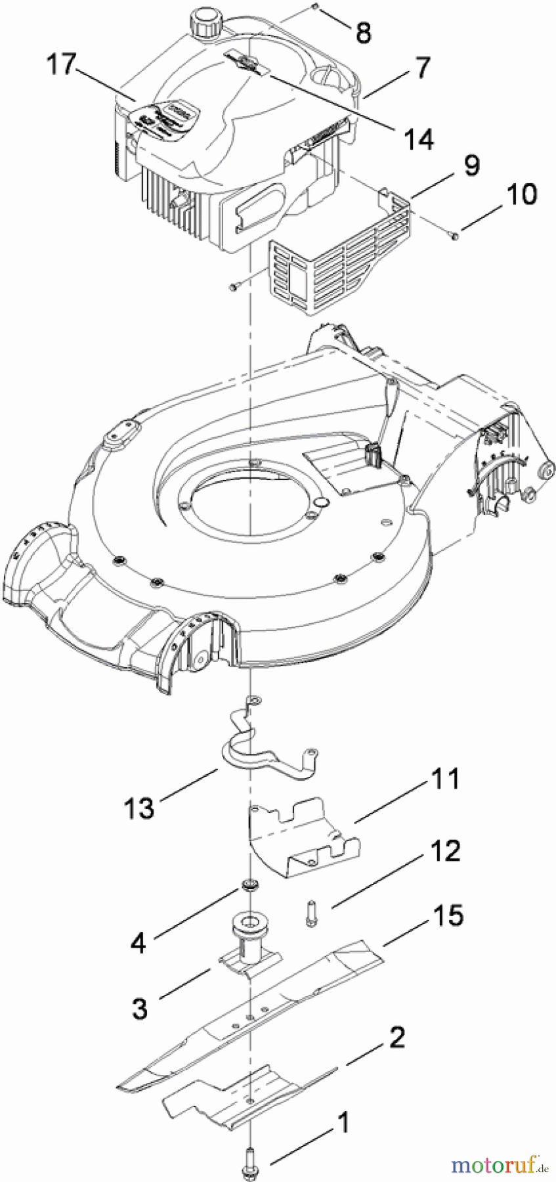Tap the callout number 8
[364, 32]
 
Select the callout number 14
[417, 139]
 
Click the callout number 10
[522, 195]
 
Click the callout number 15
[448, 916]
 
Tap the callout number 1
[343, 1123]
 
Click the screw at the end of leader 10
[454, 234]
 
